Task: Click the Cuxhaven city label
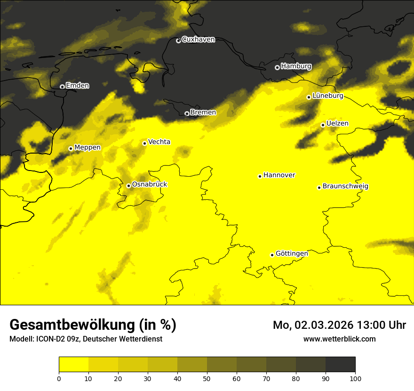198,40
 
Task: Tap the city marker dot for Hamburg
277,67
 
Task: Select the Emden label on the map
77,86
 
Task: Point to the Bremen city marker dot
187,114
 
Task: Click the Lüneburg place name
328,96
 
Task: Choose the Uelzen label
337,123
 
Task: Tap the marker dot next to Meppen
71,148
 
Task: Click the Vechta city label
159,142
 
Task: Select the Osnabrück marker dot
128,186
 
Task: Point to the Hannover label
279,175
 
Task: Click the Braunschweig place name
345,187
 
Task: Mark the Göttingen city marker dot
272,255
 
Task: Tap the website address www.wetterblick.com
340,339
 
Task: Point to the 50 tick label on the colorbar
207,378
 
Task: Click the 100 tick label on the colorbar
355,378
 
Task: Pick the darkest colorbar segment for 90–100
340,365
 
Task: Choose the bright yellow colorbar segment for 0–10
73,365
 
